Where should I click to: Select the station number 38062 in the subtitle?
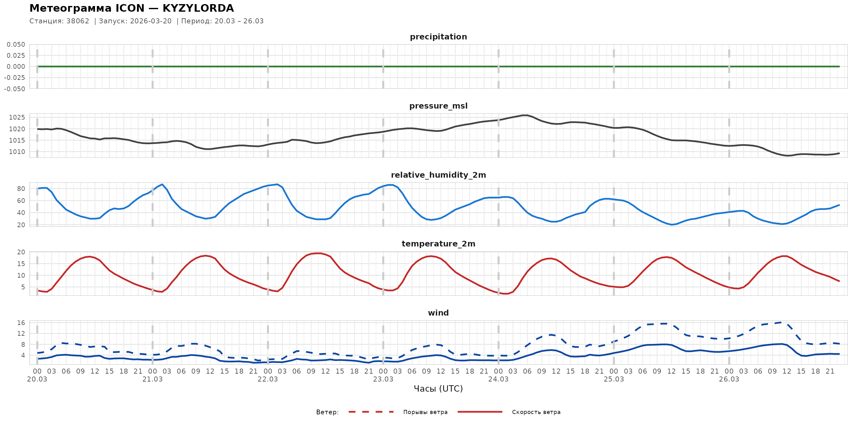click(x=78, y=21)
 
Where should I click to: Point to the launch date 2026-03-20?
click(x=151, y=21)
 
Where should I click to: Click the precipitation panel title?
click(x=438, y=37)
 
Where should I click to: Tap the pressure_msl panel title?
click(x=438, y=106)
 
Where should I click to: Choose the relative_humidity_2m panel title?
click(x=438, y=175)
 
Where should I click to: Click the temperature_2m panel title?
click(x=438, y=244)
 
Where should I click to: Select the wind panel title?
click(x=438, y=313)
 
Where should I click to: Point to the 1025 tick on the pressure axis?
click(x=17, y=117)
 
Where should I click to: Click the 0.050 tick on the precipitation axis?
click(x=16, y=44)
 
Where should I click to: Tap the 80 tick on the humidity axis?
click(x=21, y=189)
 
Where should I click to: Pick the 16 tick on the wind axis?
click(x=21, y=323)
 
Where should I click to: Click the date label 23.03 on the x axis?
click(x=383, y=379)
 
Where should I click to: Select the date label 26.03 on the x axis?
click(x=729, y=379)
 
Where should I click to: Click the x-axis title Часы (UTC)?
click(x=438, y=389)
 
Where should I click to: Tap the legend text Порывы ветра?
click(x=425, y=412)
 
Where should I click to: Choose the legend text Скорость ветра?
click(x=536, y=412)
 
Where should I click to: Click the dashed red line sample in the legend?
click(x=371, y=412)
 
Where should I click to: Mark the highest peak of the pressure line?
click(x=524, y=115)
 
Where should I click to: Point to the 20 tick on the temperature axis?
click(x=21, y=252)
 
